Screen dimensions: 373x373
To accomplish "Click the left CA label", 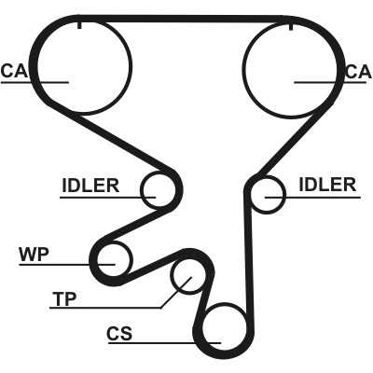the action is tap(14, 71).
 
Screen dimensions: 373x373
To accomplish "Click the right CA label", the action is tap(359, 72).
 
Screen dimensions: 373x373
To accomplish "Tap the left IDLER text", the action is tap(90, 186).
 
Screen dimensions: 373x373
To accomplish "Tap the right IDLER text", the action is tap(327, 185).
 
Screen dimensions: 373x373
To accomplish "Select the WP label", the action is tap(35, 255).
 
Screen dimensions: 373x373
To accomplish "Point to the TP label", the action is tap(64, 299).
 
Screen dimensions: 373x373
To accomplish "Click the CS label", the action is tap(119, 334).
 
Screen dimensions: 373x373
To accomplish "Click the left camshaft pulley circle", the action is tap(131, 66).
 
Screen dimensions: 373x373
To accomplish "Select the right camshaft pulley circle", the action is tap(242, 68).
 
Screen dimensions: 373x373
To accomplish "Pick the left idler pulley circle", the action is tap(141, 190).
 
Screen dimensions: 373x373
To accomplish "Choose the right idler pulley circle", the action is tap(284, 195).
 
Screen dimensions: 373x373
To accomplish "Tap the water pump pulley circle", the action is tap(131, 259).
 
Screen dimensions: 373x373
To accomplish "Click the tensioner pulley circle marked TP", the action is tap(172, 277).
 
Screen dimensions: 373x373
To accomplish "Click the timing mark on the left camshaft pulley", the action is tap(79, 25).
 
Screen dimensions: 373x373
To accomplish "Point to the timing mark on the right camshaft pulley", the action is tap(291, 27).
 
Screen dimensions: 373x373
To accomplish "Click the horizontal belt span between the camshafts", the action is tap(184, 19).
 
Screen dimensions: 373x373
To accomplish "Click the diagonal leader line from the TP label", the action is tap(176, 293).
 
